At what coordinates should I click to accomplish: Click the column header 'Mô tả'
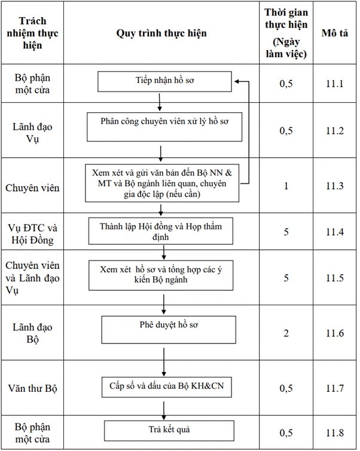pyautogui.click(x=335, y=33)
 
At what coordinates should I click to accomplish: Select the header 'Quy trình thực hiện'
pyautogui.click(x=161, y=33)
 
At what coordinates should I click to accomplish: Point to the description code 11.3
pyautogui.click(x=335, y=186)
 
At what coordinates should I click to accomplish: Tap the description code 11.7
pyautogui.click(x=335, y=388)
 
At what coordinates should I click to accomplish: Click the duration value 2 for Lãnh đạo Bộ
pyautogui.click(x=286, y=333)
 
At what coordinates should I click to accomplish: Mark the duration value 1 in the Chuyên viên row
pyautogui.click(x=286, y=186)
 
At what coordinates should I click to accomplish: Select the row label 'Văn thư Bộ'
pyautogui.click(x=32, y=388)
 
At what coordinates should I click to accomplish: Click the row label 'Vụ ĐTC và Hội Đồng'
pyautogui.click(x=32, y=234)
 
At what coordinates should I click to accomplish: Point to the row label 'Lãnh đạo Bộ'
pyautogui.click(x=32, y=333)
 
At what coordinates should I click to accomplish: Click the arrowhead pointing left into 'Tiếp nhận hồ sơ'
pyautogui.click(x=237, y=82)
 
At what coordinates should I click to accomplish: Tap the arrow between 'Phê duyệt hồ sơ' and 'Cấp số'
pyautogui.click(x=164, y=362)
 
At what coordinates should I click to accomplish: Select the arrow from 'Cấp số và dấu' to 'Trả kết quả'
pyautogui.click(x=164, y=411)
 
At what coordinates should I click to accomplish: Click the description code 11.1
pyautogui.click(x=335, y=84)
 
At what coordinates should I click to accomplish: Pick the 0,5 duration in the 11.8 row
pyautogui.click(x=286, y=433)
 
